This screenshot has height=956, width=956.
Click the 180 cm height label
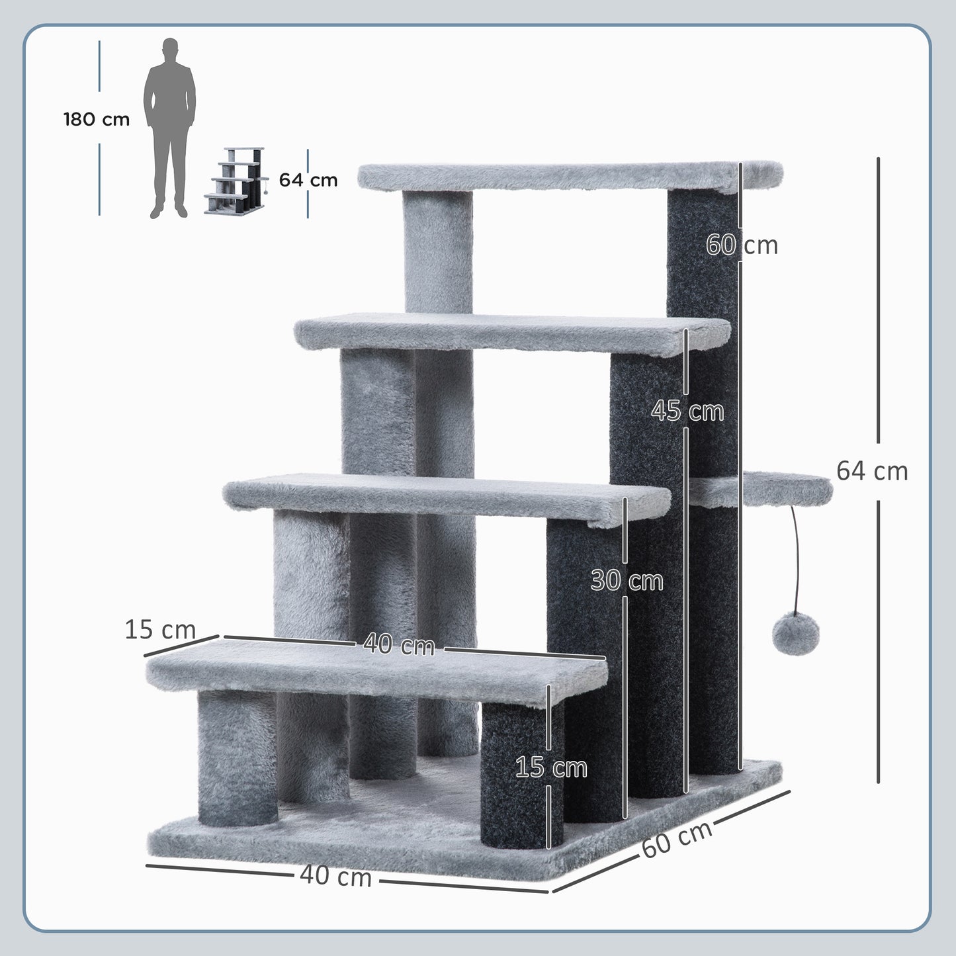click(x=97, y=120)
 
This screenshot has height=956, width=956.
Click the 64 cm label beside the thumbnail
click(x=308, y=180)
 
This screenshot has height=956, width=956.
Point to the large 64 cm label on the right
click(x=871, y=471)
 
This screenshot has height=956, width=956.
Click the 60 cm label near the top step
click(x=742, y=245)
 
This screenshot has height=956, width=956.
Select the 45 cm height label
click(x=687, y=411)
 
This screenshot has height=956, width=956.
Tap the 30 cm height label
click(x=627, y=581)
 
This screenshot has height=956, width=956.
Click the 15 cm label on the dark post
click(x=551, y=767)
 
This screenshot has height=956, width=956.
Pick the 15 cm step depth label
click(x=160, y=629)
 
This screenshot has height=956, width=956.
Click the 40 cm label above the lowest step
click(x=399, y=644)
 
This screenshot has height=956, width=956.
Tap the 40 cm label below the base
click(x=335, y=877)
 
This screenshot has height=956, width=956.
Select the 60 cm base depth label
click(x=676, y=839)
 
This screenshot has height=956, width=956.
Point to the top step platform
click(x=569, y=177)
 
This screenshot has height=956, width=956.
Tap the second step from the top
click(x=509, y=334)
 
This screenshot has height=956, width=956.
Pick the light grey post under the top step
click(x=437, y=251)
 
